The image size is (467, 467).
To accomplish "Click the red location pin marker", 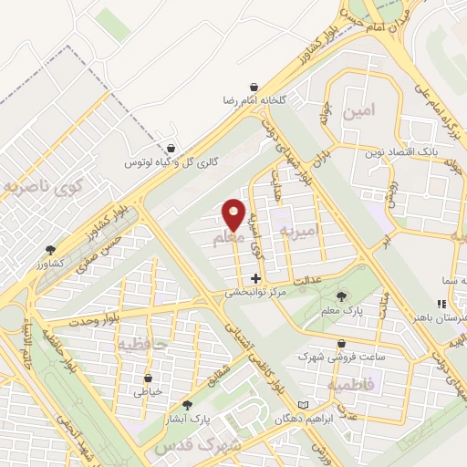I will (x=233, y=214).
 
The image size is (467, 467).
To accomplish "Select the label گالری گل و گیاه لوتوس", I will (x=164, y=163).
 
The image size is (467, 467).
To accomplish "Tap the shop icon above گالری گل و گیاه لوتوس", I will (x=171, y=148).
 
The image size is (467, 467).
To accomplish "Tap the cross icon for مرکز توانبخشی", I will (x=255, y=277).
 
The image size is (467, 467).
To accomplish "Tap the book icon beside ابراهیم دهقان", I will (x=305, y=404).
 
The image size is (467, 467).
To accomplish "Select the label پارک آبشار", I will (x=189, y=420).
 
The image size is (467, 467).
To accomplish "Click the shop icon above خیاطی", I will (x=149, y=377).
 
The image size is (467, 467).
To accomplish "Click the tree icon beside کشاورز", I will (x=50, y=250).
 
